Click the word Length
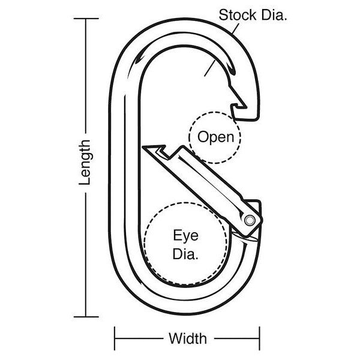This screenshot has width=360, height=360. pyautogui.click(x=85, y=163)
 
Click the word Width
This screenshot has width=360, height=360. pyautogui.click(x=188, y=338)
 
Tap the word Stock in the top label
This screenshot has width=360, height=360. pyautogui.click(x=238, y=15)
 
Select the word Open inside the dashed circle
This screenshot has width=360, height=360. pyautogui.click(x=215, y=137)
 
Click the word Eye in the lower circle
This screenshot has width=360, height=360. pyautogui.click(x=185, y=236)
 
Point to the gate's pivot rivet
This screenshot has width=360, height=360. pyautogui.click(x=250, y=220)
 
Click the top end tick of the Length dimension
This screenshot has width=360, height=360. pyautogui.click(x=86, y=19)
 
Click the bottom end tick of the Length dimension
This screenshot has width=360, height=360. pyautogui.click(x=86, y=317)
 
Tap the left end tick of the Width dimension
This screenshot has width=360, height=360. pyautogui.click(x=115, y=338)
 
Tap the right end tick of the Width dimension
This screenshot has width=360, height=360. pyautogui.click(x=260, y=338)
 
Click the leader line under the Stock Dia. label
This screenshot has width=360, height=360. pyautogui.click(x=236, y=29)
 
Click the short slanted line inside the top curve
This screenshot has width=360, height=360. pyautogui.click(x=209, y=68)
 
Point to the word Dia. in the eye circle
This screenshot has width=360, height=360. pyautogui.click(x=185, y=254)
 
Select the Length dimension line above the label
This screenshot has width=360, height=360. pyautogui.click(x=86, y=76)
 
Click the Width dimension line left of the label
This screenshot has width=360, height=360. pyautogui.click(x=139, y=338)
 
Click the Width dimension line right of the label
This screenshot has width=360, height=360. pyautogui.click(x=237, y=338)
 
